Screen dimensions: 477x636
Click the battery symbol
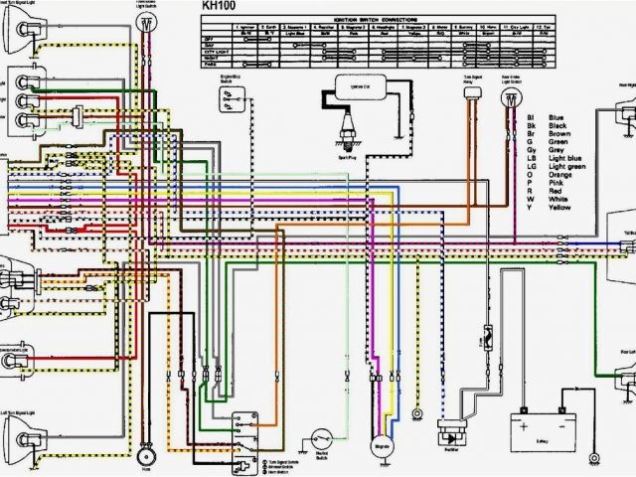[542, 430]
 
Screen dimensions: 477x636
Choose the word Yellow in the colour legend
[557, 210]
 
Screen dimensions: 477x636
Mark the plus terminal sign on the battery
[520, 411]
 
